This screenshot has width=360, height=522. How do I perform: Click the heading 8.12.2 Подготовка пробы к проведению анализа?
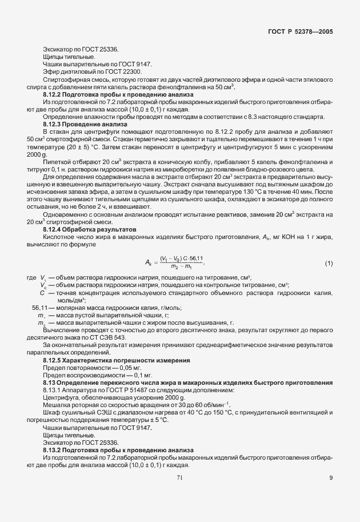point(118,94)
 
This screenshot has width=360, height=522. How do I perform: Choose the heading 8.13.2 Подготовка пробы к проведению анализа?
point(118,450)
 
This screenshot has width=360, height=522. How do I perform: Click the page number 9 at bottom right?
point(331,478)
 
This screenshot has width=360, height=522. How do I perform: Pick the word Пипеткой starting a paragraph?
point(57,161)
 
